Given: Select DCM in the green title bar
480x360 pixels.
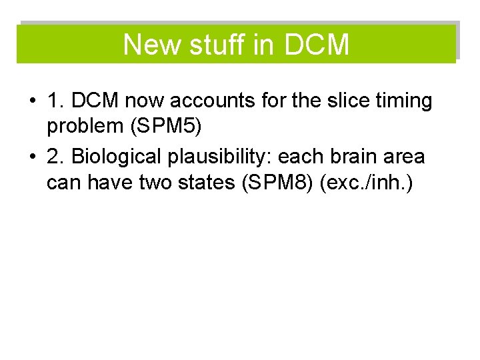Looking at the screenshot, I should [x=316, y=45].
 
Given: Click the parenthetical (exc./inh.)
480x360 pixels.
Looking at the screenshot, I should [x=367, y=181].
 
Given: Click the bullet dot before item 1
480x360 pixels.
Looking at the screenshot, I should [x=31, y=102].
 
